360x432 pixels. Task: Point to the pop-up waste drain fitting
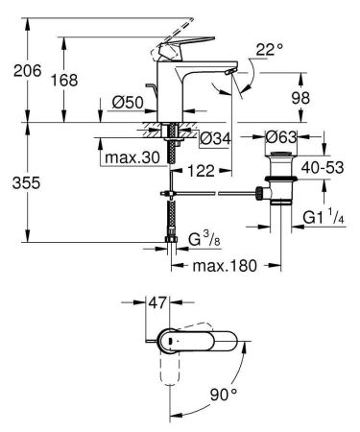click(x=280, y=187)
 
